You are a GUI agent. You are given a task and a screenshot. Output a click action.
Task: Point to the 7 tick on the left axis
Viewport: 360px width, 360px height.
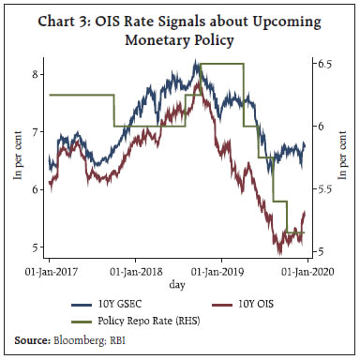click(x=36, y=132)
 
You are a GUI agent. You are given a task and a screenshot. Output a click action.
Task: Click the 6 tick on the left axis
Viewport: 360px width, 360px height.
click(x=36, y=190)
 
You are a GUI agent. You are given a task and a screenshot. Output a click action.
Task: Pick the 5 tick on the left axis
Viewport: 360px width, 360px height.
click(x=36, y=247)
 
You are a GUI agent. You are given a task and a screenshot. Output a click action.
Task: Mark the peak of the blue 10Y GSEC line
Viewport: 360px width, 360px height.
click(x=195, y=62)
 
